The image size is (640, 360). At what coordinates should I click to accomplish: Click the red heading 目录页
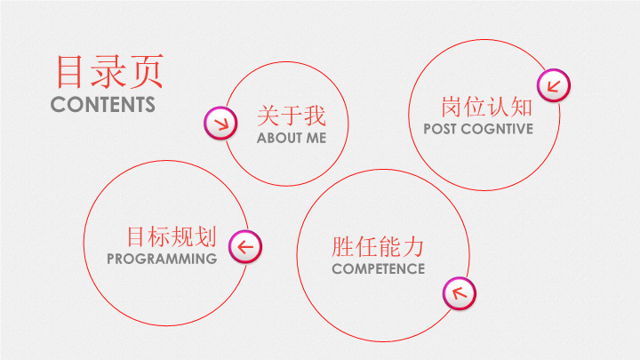tap(109, 72)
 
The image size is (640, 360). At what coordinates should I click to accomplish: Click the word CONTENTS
tap(103, 105)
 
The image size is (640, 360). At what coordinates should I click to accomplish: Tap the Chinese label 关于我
tap(292, 116)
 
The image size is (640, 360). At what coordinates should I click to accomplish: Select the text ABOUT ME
tap(292, 138)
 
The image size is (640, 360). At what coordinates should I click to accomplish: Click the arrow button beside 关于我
tap(220, 124)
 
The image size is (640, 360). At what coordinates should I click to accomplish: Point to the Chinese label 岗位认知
tap(486, 107)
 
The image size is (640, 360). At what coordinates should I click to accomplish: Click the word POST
tap(440, 129)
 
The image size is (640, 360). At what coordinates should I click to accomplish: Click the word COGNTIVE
tap(497, 129)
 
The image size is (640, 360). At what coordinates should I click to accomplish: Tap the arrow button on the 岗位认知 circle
tap(554, 85)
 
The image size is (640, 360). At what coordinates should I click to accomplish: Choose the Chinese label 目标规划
tap(172, 236)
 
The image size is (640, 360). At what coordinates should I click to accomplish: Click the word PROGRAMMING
tap(162, 259)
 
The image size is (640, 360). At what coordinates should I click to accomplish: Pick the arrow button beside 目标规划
tap(245, 247)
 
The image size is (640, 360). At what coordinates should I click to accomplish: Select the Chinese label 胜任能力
tap(378, 247)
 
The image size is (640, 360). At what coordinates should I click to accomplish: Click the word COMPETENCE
tap(379, 269)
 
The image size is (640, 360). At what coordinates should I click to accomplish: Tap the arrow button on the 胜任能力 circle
tap(460, 293)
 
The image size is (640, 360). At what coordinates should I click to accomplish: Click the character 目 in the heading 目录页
tap(69, 72)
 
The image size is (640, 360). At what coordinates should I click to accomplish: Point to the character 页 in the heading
tap(147, 72)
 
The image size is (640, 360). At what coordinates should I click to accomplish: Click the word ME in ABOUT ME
tap(316, 138)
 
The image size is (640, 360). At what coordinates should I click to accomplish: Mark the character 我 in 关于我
tap(315, 116)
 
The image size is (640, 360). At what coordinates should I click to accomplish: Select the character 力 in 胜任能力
tap(413, 247)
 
